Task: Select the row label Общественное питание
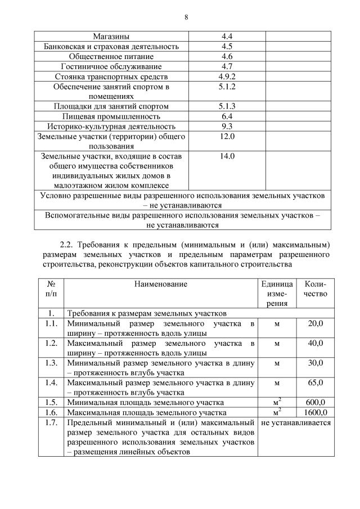111,57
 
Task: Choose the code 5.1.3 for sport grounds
227,106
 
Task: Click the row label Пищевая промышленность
111,116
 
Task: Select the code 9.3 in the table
227,127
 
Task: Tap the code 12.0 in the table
227,137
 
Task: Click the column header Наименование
160,284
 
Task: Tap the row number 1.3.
51,363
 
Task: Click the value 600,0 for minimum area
316,402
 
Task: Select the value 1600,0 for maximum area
316,412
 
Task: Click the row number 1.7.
51,422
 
